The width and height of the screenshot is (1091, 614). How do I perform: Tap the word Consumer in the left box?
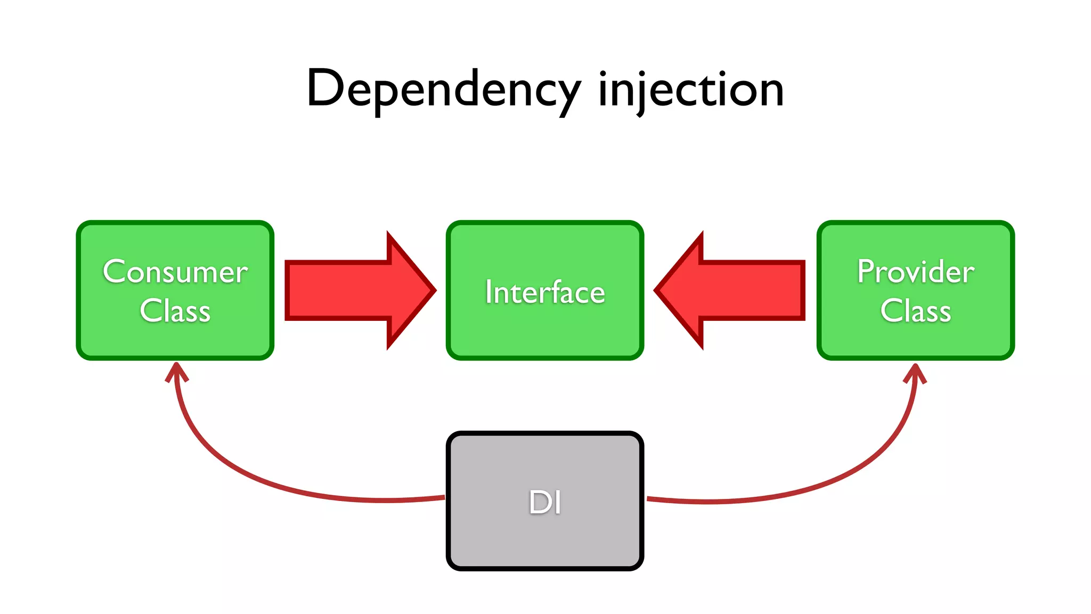coord(175,272)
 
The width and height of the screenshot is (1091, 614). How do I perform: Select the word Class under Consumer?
coord(175,311)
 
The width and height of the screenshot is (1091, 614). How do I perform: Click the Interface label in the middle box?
coord(545,292)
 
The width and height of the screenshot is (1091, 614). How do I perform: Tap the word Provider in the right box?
coord(916,272)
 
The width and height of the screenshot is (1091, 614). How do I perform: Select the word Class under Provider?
coord(916,311)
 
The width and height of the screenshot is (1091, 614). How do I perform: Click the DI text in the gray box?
coord(545,502)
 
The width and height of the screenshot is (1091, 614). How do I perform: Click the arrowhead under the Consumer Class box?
coord(176,371)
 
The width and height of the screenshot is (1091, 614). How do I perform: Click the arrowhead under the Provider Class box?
coord(915,373)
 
